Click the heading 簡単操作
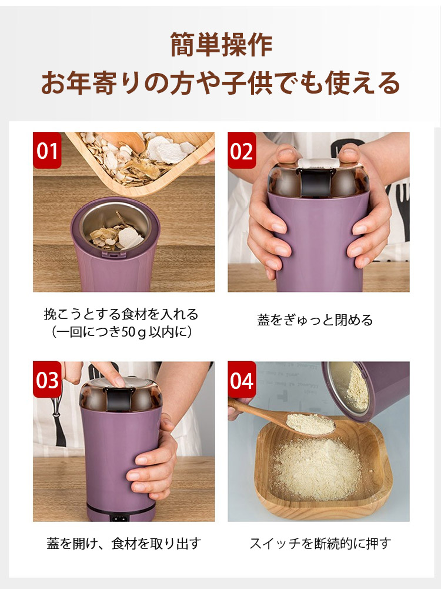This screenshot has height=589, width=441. pyautogui.click(x=221, y=45)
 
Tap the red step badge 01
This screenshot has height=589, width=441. pyautogui.click(x=47, y=150)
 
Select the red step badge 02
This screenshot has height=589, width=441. pyautogui.click(x=242, y=150)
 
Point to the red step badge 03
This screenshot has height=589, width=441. pyautogui.click(x=47, y=380)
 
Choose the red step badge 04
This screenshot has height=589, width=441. pyautogui.click(x=242, y=380)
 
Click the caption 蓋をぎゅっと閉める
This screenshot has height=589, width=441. pyautogui.click(x=315, y=320)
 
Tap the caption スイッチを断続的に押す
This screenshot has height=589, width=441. pyautogui.click(x=320, y=544)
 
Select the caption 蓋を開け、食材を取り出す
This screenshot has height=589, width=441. pyautogui.click(x=124, y=544)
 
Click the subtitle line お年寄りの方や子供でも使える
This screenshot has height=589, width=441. pyautogui.click(x=220, y=83)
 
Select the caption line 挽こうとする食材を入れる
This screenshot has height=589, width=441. pyautogui.click(x=121, y=314)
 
